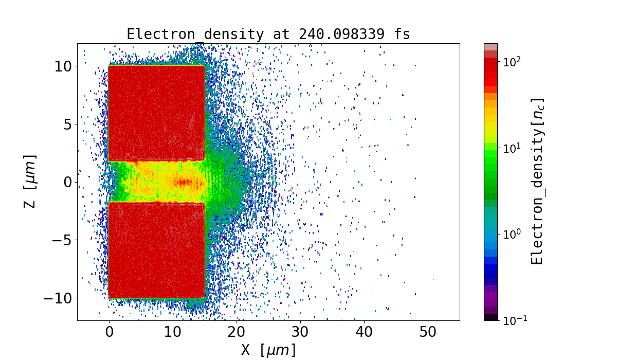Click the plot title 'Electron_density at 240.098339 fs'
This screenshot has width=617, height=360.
coord(268,34)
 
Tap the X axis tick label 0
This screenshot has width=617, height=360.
coord(109,332)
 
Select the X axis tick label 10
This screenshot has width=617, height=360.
coord(173,332)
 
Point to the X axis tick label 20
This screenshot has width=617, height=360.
coord(237,332)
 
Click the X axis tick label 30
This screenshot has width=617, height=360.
coord(300,332)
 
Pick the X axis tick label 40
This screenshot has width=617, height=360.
coord(364,332)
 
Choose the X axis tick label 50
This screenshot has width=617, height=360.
coord(428,332)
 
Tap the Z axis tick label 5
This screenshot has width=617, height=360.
coord(67,124)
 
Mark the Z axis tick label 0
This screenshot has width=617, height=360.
coord(67,182)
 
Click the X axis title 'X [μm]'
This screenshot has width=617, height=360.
coord(268,350)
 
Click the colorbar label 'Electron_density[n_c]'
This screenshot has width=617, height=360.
coord(537,181)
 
